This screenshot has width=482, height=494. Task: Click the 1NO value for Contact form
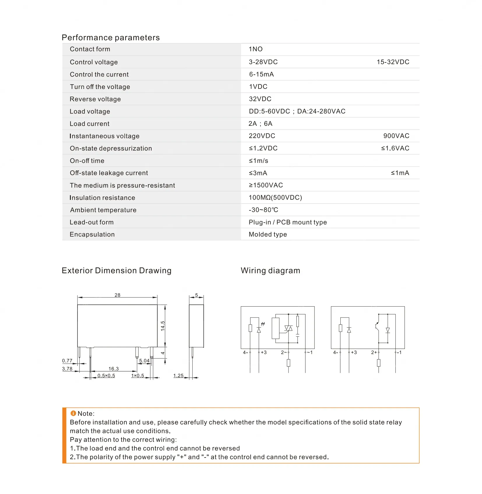click(256, 49)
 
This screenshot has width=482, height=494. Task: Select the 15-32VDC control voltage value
click(393, 62)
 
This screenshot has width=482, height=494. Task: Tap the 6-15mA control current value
click(261, 74)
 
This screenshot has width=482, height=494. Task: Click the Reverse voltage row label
click(95, 99)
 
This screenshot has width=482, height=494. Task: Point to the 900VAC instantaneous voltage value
click(396, 136)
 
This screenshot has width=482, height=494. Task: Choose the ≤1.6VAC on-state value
click(395, 148)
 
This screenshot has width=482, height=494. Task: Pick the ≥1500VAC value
click(266, 185)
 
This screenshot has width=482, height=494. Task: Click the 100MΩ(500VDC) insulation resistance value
click(275, 198)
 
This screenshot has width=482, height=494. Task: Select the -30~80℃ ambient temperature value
click(263, 210)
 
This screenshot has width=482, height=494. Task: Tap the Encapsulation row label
click(92, 235)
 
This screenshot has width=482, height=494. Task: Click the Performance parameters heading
click(111, 38)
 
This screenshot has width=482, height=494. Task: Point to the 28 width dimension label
click(117, 295)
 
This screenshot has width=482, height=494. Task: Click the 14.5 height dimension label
click(163, 326)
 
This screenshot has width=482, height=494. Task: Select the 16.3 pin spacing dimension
click(114, 369)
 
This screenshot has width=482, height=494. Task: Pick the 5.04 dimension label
click(144, 361)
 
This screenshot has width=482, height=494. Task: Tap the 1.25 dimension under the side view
click(178, 376)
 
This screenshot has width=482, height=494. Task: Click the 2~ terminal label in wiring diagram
click(284, 352)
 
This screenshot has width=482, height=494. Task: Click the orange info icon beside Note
click(73, 413)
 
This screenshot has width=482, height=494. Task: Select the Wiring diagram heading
click(270, 270)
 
